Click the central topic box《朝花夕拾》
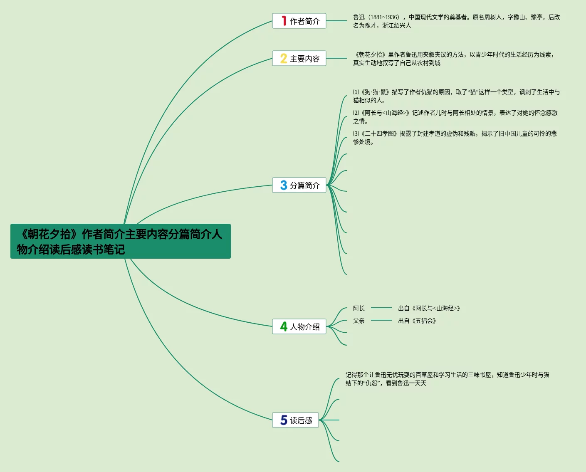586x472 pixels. click(x=120, y=241)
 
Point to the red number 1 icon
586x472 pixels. click(x=284, y=21)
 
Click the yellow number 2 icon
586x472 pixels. click(x=284, y=58)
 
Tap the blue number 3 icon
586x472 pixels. click(x=284, y=185)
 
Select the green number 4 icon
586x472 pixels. click(x=284, y=326)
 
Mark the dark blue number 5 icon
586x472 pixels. click(x=284, y=420)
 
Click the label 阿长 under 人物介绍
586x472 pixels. click(x=359, y=308)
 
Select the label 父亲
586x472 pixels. click(x=359, y=321)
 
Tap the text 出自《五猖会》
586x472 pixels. click(x=417, y=321)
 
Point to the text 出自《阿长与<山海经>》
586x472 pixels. click(x=429, y=308)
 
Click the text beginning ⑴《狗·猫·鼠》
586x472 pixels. click(x=456, y=96)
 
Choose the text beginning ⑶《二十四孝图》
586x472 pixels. click(x=455, y=138)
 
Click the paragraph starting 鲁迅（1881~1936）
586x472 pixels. click(x=456, y=21)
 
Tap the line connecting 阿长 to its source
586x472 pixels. click(x=381, y=308)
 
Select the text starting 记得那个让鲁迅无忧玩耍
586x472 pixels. click(x=447, y=379)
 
